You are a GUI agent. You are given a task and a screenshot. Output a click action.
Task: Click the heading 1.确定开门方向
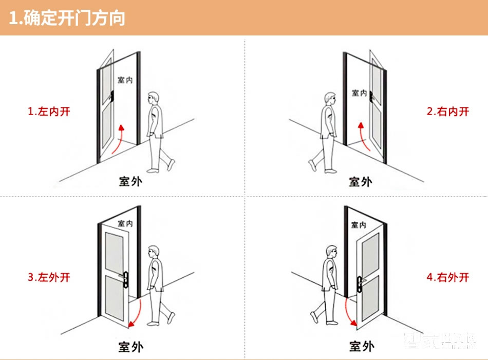67,18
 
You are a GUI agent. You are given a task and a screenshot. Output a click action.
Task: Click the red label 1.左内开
48,111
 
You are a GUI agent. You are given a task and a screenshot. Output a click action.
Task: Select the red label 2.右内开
447,111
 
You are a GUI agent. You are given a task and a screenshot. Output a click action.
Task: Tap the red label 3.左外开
48,277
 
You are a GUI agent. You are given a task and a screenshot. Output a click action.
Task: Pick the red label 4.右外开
447,277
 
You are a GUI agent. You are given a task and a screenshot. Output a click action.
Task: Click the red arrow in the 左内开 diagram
118,139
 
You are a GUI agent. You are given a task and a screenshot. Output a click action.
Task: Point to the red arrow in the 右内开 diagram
361,136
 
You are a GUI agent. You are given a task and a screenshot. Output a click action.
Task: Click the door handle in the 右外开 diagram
360,282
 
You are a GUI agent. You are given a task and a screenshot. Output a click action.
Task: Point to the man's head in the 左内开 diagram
153,98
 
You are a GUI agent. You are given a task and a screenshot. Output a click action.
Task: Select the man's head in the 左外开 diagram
153,252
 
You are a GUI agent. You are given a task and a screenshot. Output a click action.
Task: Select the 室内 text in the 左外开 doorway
125,223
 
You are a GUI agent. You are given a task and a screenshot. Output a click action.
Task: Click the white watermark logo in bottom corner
440,342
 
